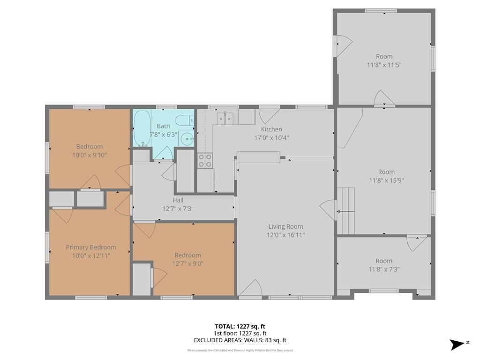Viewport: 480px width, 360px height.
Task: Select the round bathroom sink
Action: click(x=186, y=139)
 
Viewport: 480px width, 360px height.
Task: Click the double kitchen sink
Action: click(x=225, y=119)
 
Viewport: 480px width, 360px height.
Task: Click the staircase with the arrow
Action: click(x=346, y=211)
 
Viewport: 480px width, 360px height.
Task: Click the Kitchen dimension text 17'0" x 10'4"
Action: click(x=271, y=138)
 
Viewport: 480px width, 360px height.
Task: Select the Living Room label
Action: click(x=285, y=226)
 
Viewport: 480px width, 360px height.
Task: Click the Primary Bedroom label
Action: click(x=91, y=247)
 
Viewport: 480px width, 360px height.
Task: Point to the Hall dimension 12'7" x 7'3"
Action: click(x=178, y=209)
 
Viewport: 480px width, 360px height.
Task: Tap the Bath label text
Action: click(x=163, y=126)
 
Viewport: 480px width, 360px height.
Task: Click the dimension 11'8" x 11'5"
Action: click(x=384, y=65)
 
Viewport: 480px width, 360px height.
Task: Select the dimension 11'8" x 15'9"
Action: click(x=386, y=180)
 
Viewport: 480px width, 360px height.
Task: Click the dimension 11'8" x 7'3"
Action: click(x=384, y=270)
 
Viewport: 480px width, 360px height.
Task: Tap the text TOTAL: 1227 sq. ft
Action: click(x=240, y=326)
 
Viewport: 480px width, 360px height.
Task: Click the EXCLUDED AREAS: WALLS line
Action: click(x=240, y=340)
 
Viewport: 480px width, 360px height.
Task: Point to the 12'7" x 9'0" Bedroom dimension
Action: click(x=187, y=263)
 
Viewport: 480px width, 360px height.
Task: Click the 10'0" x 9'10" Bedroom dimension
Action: click(x=90, y=155)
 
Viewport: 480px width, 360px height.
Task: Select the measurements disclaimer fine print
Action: click(x=240, y=350)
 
